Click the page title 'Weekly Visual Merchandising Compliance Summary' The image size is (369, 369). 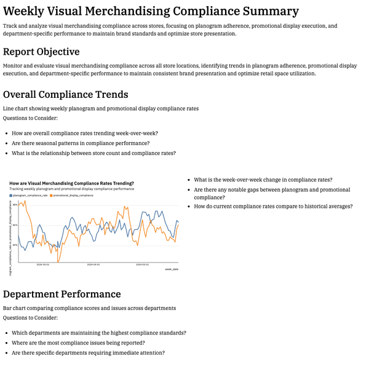tap(151, 11)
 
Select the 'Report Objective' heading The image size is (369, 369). tap(41, 52)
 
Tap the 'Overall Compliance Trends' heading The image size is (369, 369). tap(65, 94)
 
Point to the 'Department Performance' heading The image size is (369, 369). tap(61, 294)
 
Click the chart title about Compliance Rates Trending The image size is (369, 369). tap(72, 183)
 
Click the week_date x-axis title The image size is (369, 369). tap(172, 269)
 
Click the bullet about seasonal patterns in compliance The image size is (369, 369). tap(81, 143)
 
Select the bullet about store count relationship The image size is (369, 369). tap(93, 153)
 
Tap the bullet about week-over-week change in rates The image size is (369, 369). tap(263, 180)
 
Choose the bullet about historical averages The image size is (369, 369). tap(273, 207)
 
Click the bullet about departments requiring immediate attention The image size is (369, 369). tap(88, 353)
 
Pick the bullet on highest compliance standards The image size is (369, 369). tap(98, 333)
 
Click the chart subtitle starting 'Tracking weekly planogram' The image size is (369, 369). tap(72, 189)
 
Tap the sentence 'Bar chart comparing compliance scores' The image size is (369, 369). tap(89, 307)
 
